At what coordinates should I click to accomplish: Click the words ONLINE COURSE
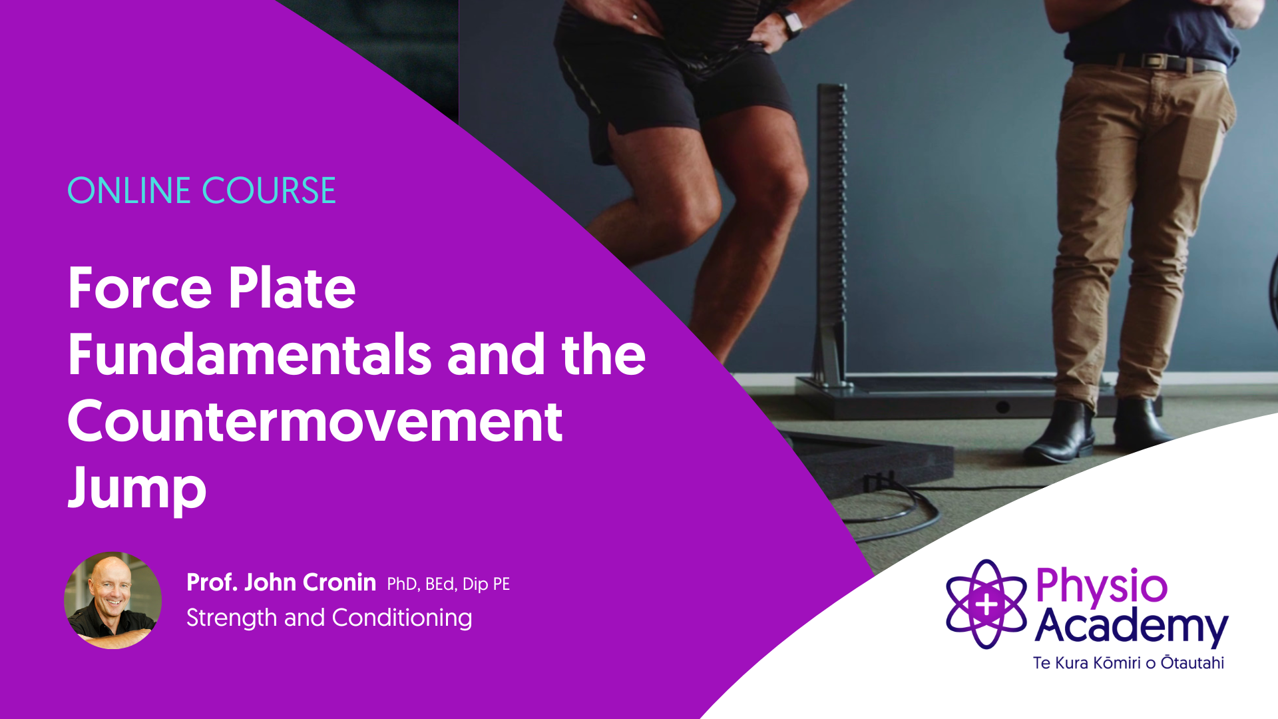202,190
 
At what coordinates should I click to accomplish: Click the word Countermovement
315,421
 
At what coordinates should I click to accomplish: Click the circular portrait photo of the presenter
112,600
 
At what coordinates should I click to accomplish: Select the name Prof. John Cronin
281,583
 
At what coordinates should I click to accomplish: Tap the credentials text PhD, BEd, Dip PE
449,585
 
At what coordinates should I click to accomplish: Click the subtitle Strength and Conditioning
329,618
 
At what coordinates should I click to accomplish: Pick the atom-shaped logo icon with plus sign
986,604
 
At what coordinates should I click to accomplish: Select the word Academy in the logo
1132,627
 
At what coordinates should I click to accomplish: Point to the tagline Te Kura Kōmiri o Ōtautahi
1129,663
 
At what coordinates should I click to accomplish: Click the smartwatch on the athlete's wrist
792,24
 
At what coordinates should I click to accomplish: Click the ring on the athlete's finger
635,17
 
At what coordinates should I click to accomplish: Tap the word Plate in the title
292,289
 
